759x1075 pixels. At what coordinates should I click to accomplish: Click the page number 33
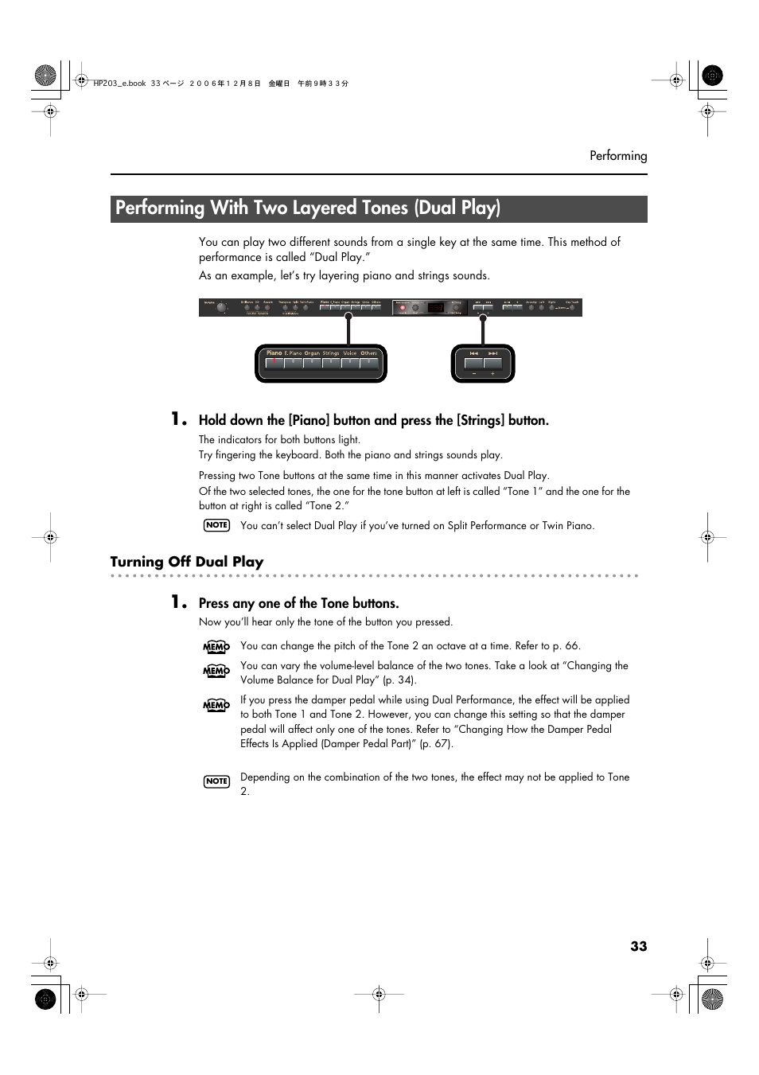(638, 946)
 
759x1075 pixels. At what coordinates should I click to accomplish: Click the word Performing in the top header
(617, 156)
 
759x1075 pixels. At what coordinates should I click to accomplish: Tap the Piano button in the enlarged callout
(274, 362)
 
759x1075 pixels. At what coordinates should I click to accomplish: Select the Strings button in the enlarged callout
(331, 362)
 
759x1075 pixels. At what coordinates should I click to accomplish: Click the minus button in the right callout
(473, 364)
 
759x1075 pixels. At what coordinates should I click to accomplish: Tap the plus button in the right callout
(493, 364)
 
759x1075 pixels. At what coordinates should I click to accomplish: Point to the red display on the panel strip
(435, 308)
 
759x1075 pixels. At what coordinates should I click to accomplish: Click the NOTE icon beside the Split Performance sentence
(216, 525)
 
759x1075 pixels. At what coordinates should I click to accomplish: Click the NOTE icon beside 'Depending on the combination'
(216, 781)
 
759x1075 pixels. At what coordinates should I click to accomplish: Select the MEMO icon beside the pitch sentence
(216, 647)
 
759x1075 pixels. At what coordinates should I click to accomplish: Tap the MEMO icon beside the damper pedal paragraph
(216, 705)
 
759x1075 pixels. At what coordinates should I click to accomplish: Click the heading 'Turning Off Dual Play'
(187, 562)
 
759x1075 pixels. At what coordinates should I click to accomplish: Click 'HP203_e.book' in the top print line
(120, 84)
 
